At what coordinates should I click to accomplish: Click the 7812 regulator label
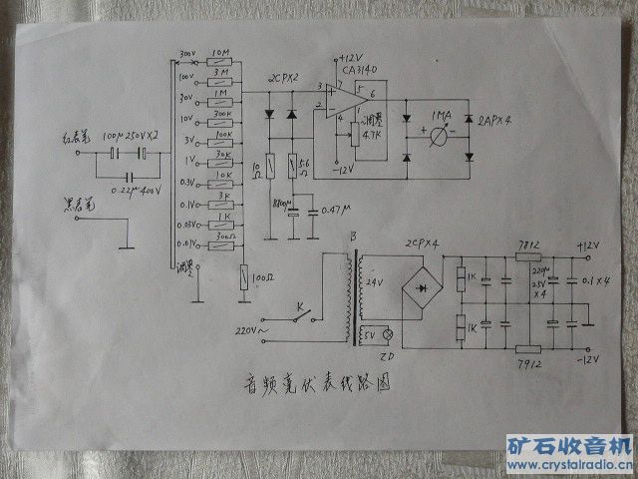(528, 244)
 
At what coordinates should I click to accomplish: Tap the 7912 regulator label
(529, 365)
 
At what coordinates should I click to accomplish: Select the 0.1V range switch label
(186, 202)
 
